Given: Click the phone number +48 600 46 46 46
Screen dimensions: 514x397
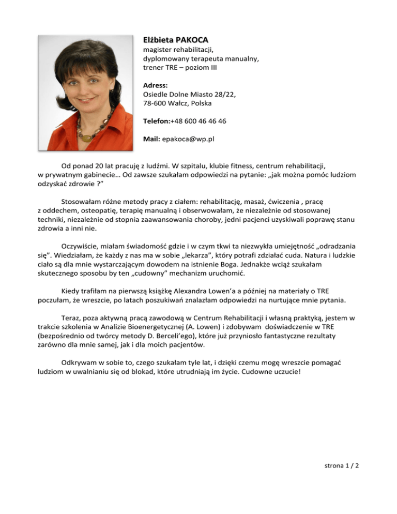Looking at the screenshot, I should click(201, 121).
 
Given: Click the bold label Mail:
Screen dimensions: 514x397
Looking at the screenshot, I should click(152, 139).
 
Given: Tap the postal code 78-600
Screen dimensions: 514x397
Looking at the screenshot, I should click(155, 103).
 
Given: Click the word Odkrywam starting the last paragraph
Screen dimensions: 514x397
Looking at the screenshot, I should click(80, 364).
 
